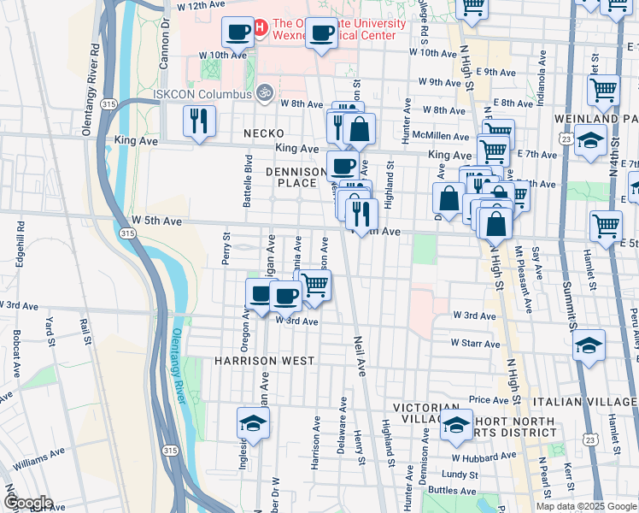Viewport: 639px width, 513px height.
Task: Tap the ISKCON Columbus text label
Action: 202,94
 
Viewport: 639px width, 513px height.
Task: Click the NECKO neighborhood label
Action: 263,134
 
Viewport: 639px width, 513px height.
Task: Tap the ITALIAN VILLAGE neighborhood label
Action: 584,401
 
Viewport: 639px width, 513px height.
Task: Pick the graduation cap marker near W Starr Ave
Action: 589,345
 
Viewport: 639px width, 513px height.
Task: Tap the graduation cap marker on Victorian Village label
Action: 456,424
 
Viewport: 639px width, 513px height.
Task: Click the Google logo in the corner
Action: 27,503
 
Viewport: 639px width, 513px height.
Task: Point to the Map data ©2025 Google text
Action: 585,506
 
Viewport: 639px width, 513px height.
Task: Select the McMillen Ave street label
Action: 441,136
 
